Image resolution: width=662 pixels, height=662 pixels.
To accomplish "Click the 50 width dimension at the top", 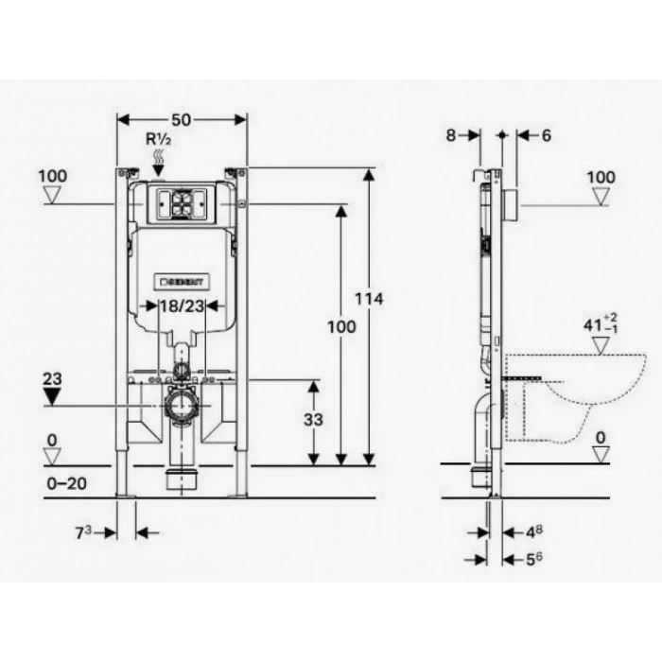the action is coord(182,120).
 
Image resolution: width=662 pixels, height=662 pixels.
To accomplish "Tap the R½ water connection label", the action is coord(158,139).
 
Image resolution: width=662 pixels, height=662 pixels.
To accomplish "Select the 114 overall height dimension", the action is coord(369,299).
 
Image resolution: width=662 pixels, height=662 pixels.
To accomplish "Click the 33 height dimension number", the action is coord(313,420).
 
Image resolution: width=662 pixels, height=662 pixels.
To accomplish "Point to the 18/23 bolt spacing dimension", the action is coord(182,306).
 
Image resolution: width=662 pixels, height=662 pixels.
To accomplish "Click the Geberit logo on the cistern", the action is coord(182,282).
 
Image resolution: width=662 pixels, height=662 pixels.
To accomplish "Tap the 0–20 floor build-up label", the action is coord(67,483).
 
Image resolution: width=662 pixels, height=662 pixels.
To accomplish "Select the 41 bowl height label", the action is coord(601,324).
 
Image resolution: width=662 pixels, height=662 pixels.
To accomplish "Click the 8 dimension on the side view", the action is coord(451,135).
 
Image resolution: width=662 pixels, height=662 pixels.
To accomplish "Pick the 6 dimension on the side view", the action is coord(547,135).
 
